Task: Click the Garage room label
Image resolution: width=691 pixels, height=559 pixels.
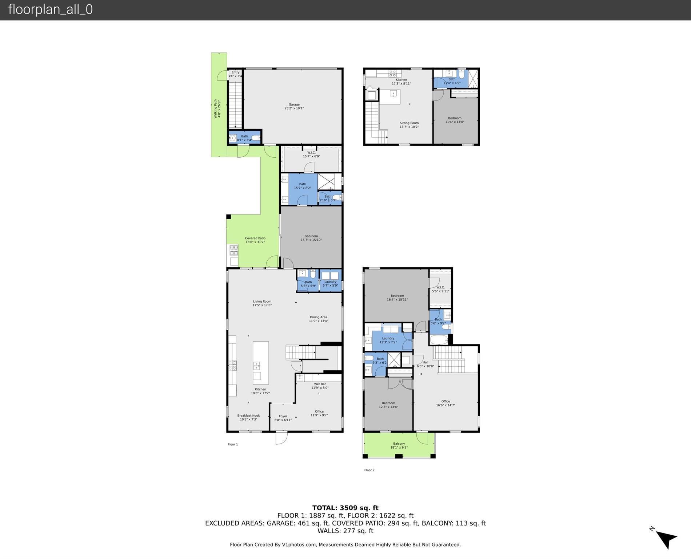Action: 294,106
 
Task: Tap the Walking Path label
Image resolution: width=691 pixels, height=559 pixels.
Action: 217,109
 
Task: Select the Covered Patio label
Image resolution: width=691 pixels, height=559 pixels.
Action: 255,240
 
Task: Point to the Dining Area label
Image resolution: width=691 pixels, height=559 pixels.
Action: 318,319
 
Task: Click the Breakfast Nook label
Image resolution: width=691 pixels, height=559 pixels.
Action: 248,417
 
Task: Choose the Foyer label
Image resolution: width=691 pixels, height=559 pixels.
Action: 283,418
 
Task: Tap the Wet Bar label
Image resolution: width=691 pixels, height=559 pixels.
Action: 320,386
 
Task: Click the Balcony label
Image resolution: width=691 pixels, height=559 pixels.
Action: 399,445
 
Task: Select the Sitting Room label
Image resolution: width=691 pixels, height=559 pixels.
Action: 409,125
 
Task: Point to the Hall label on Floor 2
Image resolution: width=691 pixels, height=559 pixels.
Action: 425,364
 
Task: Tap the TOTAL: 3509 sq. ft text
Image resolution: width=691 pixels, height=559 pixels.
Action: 345,508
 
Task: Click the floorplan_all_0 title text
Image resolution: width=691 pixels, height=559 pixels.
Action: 51,9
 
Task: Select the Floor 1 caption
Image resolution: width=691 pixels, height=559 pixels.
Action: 232,444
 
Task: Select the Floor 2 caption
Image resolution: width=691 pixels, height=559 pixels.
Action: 369,470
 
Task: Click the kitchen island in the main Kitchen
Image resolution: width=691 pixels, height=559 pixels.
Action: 261,363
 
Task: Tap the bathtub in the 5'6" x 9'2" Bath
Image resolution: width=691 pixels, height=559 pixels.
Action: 439,340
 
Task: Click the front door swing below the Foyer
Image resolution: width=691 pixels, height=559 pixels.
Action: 281,438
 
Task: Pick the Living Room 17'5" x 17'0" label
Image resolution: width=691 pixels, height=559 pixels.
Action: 262,303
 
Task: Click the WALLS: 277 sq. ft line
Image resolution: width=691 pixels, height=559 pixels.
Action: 345,531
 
